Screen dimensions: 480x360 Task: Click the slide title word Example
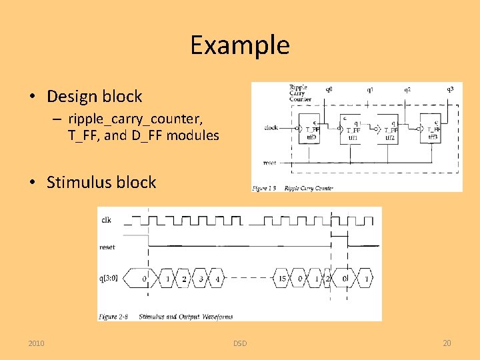[239, 45]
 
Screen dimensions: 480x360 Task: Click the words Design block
[94, 97]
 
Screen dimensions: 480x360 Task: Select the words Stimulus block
[101, 183]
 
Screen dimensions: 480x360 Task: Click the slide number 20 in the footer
[447, 343]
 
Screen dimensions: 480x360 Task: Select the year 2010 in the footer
[37, 343]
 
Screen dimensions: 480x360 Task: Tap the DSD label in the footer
[240, 343]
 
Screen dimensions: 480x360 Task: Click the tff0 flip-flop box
[310, 129]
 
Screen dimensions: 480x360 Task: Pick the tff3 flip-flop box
[431, 129]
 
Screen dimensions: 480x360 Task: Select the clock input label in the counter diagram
[271, 127]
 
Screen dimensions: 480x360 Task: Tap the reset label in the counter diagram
[270, 162]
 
